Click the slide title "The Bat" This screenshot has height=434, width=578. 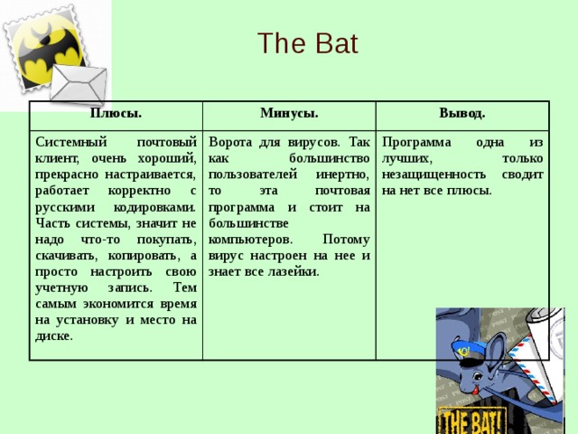[x=307, y=43]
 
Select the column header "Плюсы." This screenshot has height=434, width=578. [x=115, y=114]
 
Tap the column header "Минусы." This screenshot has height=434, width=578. [x=288, y=113]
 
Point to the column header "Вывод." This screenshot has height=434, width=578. [x=461, y=113]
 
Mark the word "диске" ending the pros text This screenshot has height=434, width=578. [x=53, y=336]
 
